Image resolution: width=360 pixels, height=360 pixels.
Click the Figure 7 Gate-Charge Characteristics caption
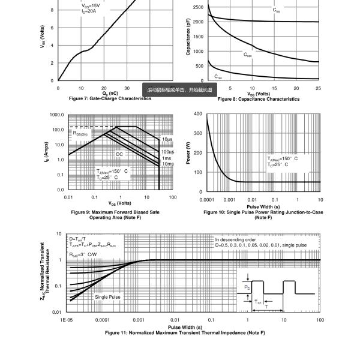point(110,98)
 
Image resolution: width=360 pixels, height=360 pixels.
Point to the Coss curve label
point(247,55)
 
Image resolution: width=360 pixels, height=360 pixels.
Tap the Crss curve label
point(218,77)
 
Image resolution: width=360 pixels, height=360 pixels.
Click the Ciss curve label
point(275,10)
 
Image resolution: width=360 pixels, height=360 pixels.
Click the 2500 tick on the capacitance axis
point(200,8)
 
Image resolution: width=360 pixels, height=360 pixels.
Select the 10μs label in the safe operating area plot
point(167,139)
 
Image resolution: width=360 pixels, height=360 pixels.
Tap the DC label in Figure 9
point(119,154)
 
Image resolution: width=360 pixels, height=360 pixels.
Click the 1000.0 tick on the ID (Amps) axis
point(56,115)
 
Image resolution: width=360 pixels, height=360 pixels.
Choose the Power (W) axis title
point(188,153)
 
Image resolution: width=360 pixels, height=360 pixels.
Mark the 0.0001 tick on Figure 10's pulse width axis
point(207,199)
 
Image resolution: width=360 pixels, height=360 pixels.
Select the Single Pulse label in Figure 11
point(107,297)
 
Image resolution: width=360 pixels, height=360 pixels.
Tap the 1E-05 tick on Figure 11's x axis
point(67,320)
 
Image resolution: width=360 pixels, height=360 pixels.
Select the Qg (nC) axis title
point(110,93)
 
